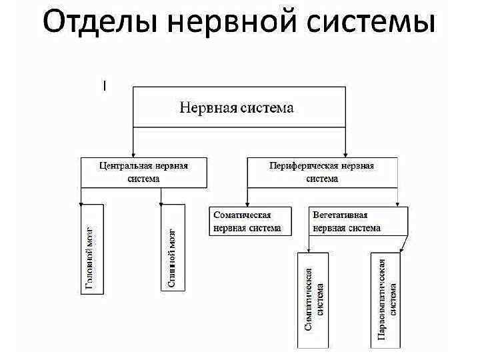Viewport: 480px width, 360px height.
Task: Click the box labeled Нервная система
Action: coord(239,107)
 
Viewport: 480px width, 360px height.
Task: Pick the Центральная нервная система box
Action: coord(143,172)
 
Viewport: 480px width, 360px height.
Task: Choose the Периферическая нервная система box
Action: coord(322,172)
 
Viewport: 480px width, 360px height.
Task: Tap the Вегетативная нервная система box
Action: coord(357,221)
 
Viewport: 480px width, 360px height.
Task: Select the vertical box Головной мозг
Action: coord(89,247)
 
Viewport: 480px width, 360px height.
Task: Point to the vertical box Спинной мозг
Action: coord(171,247)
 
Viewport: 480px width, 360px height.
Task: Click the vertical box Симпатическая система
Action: coord(313,300)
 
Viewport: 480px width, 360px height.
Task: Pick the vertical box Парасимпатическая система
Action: coord(385,300)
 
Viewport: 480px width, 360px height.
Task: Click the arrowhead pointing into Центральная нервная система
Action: coord(134,153)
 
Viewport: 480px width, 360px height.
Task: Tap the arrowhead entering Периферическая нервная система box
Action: coord(345,153)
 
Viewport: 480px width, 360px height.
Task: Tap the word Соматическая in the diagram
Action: coord(241,216)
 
